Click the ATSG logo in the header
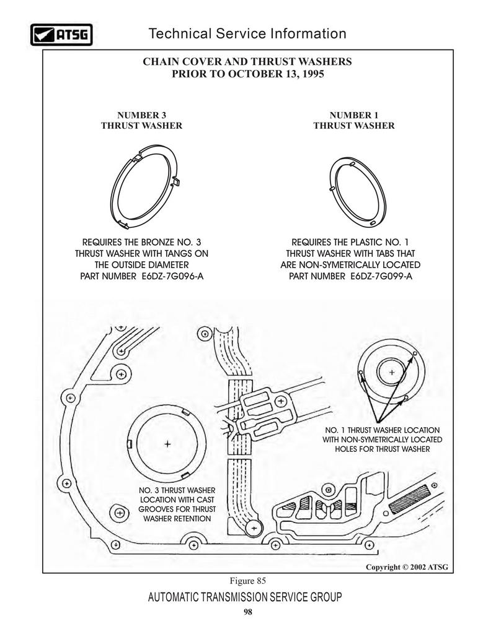click(61, 35)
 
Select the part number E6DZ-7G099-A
click(381, 276)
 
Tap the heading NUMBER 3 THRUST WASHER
click(141, 120)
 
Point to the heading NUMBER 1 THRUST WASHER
click(354, 120)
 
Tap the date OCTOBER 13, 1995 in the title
click(276, 74)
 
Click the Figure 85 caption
click(248, 581)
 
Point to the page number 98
click(248, 612)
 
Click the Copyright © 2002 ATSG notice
click(407, 567)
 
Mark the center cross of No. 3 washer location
click(167, 444)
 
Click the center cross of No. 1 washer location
click(392, 372)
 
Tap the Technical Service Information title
click(247, 33)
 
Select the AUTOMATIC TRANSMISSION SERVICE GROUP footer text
click(245, 597)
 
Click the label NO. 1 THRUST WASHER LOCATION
click(383, 430)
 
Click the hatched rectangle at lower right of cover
click(409, 500)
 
